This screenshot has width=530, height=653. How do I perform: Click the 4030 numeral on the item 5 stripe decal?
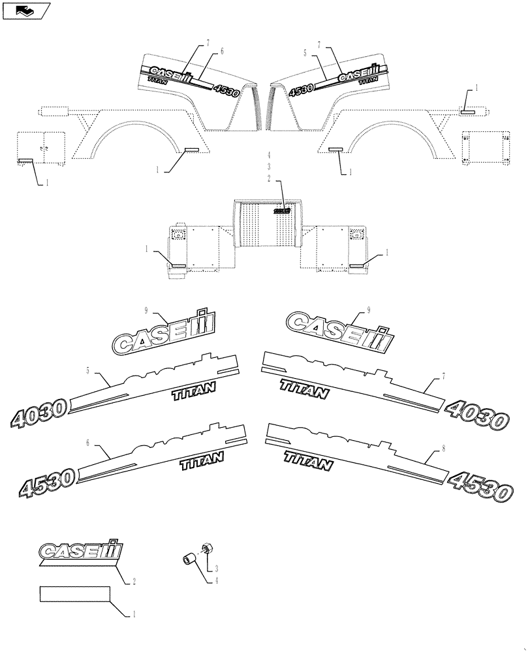39,413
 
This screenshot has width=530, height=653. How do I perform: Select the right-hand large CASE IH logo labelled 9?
339,330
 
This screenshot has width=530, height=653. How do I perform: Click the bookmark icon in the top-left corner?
27,10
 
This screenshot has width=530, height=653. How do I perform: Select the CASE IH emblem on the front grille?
282,211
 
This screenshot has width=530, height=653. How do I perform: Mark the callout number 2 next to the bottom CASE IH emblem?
133,581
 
